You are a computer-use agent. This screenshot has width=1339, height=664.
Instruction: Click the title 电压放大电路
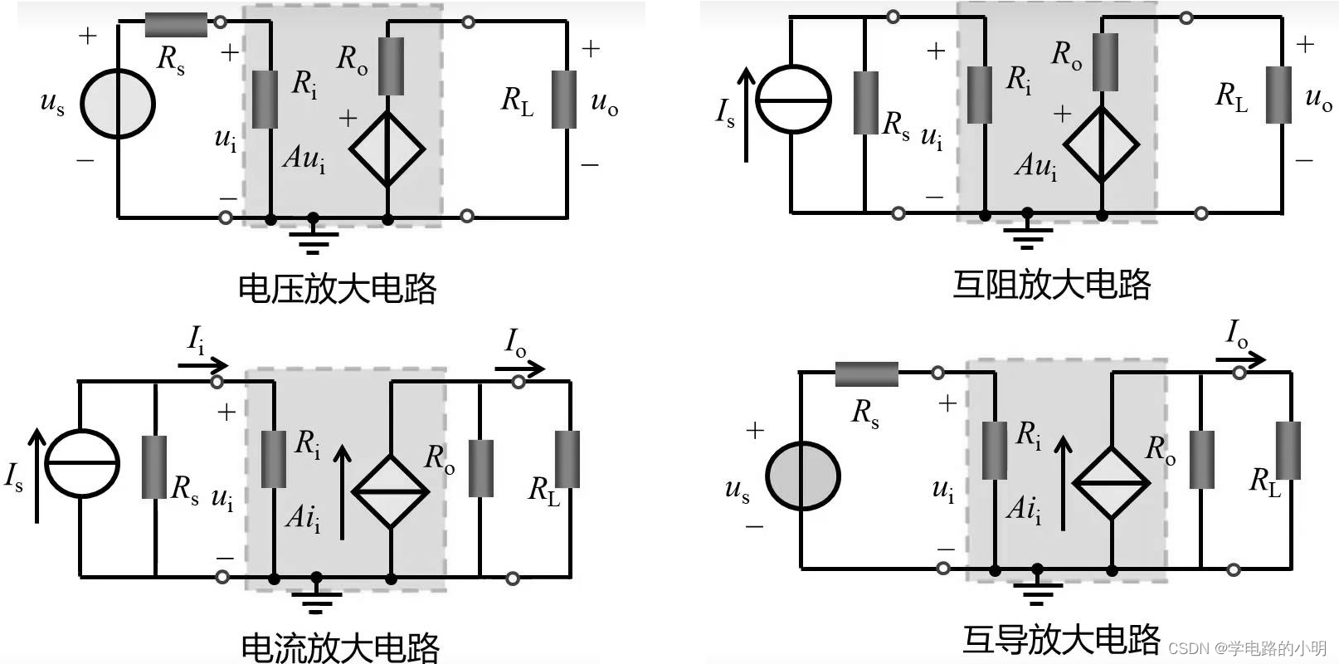tap(337, 288)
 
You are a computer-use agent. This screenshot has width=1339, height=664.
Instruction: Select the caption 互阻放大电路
tap(1051, 285)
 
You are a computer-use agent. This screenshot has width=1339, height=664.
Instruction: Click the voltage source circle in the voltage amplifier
tap(118, 105)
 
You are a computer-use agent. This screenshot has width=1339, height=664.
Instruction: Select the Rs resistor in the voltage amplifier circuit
tap(176, 25)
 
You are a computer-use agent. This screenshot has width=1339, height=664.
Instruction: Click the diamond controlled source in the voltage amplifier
tap(387, 149)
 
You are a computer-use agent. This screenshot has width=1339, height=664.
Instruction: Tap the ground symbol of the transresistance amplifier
tap(1027, 234)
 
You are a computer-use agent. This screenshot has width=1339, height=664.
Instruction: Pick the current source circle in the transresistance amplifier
tap(794, 100)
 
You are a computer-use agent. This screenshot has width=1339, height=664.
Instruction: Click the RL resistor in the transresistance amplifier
tap(1278, 95)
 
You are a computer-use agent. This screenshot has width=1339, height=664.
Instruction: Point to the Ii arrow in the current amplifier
tap(204, 364)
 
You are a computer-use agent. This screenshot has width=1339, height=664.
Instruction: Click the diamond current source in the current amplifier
tap(390, 491)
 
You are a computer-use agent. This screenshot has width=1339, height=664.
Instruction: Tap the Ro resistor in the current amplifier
tap(481, 469)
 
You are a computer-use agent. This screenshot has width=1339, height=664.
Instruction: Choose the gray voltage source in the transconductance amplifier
tap(802, 476)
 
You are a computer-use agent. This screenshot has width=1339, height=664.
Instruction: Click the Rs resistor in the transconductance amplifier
tap(866, 374)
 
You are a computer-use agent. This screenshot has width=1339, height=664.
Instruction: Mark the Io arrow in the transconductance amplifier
tap(1241, 359)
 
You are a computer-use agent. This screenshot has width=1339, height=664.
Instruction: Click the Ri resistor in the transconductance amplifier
tap(994, 451)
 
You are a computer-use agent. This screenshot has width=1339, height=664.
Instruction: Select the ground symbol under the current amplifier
tap(315, 597)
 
